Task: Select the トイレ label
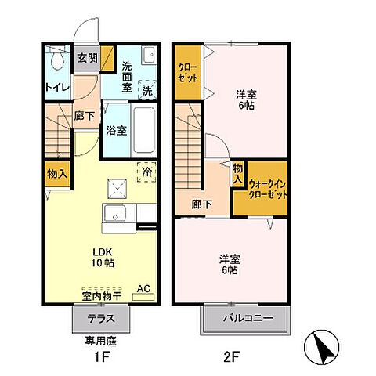pos(54,87)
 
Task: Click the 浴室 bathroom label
pos(117,131)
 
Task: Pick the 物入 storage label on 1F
pos(56,172)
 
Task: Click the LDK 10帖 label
pos(103,257)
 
